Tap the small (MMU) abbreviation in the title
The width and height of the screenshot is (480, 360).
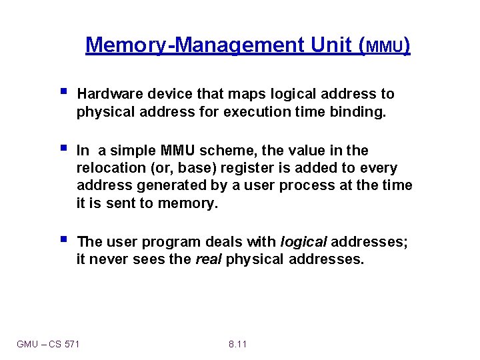(385, 47)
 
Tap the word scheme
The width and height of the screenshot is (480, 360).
(222, 151)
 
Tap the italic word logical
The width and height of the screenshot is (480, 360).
(303, 241)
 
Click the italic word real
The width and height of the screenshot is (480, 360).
(208, 259)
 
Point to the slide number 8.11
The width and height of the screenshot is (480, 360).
(237, 344)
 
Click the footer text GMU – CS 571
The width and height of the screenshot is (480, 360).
(48, 344)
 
